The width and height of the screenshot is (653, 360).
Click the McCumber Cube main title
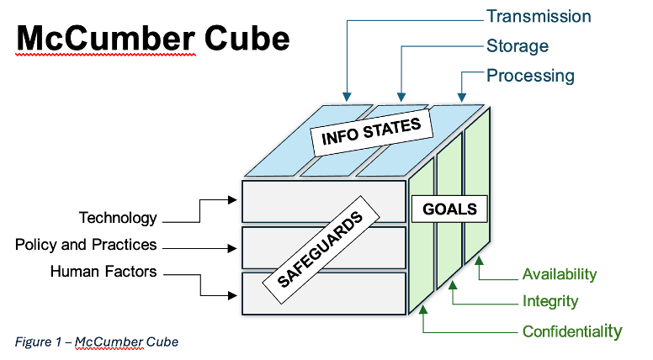click(x=153, y=39)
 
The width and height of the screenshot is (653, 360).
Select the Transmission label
click(x=539, y=17)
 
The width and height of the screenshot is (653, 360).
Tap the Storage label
click(x=518, y=46)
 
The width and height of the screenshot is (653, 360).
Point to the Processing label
click(x=530, y=76)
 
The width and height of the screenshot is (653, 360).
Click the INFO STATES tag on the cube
click(x=371, y=132)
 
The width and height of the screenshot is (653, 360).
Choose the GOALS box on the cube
click(x=449, y=209)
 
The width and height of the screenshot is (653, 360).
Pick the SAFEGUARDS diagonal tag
click(x=321, y=249)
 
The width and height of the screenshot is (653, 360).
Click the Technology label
click(x=118, y=218)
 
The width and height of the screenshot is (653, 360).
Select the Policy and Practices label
click(x=86, y=245)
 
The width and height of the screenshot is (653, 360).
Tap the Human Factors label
click(x=104, y=272)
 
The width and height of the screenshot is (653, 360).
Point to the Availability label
click(x=560, y=274)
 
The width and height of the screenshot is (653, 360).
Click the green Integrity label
click(x=550, y=301)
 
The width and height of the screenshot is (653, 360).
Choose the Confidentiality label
click(x=572, y=331)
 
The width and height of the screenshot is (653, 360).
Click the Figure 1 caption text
click(x=97, y=342)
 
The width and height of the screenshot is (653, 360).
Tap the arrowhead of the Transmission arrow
click(x=347, y=97)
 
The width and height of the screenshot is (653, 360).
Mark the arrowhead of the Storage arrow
click(x=401, y=97)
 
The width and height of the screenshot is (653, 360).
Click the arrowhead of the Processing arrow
click(x=461, y=97)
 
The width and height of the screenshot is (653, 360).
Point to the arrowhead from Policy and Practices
click(x=232, y=248)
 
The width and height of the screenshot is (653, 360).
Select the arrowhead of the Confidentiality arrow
click(x=423, y=310)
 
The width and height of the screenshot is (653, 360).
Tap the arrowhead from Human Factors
click(x=232, y=295)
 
